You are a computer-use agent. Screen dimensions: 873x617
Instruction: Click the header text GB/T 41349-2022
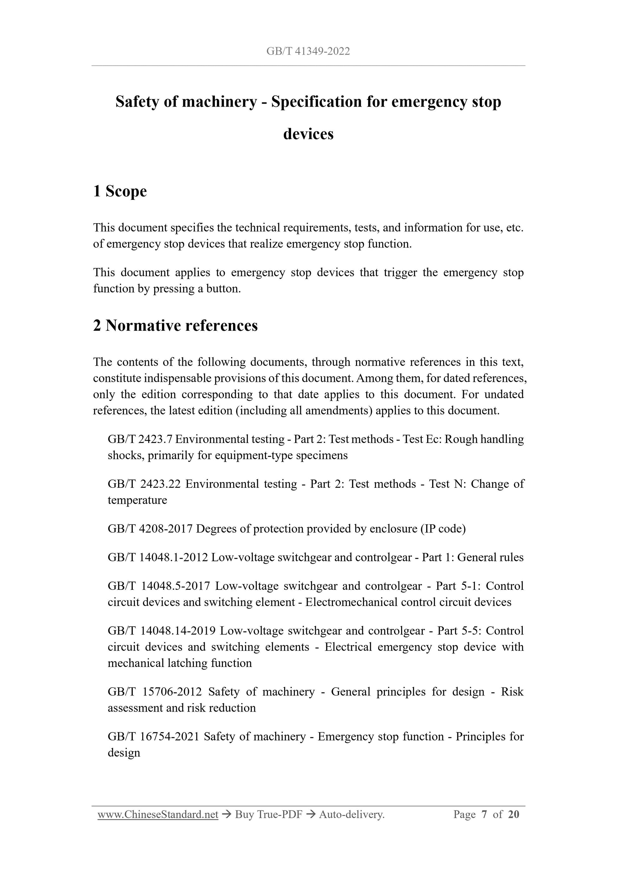308,51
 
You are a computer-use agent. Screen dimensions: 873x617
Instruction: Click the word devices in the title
308,134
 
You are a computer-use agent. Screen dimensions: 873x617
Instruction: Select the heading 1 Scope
120,191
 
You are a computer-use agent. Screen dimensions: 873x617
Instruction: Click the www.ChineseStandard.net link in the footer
158,814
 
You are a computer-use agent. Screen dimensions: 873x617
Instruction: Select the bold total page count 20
513,814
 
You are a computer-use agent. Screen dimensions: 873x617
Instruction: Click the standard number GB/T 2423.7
140,439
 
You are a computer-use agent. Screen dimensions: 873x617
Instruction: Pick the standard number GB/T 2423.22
144,484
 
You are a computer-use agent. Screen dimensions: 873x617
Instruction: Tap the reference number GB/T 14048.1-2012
158,557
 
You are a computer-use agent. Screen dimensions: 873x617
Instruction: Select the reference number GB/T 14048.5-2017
159,586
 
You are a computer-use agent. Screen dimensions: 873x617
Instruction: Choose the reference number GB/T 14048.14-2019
162,630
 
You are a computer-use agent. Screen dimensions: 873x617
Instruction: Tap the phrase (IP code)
443,529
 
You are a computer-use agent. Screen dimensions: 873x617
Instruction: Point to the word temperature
137,500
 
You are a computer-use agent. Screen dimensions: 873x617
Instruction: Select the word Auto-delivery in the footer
351,814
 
